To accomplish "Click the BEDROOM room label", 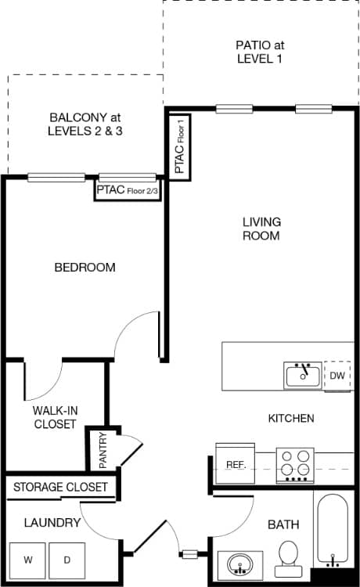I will (85, 268).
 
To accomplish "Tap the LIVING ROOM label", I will (261, 229).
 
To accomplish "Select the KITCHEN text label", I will (291, 419).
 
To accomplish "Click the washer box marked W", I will (28, 560).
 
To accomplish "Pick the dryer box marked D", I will (67, 560).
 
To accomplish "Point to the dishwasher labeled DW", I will (337, 376).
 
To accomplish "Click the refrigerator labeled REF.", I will (236, 465).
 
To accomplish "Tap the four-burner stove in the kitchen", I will (295, 465).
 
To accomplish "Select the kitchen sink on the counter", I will (303, 376).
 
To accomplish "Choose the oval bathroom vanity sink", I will (238, 564).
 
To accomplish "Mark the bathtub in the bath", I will (335, 529).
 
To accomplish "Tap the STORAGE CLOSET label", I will (60, 487).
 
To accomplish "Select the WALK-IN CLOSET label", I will (55, 417).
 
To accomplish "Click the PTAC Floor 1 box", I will (180, 146).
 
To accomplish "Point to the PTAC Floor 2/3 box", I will (128, 189).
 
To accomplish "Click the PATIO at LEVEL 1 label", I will (261, 52).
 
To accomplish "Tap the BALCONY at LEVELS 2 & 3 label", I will (86, 124).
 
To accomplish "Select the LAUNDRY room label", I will (52, 523).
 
